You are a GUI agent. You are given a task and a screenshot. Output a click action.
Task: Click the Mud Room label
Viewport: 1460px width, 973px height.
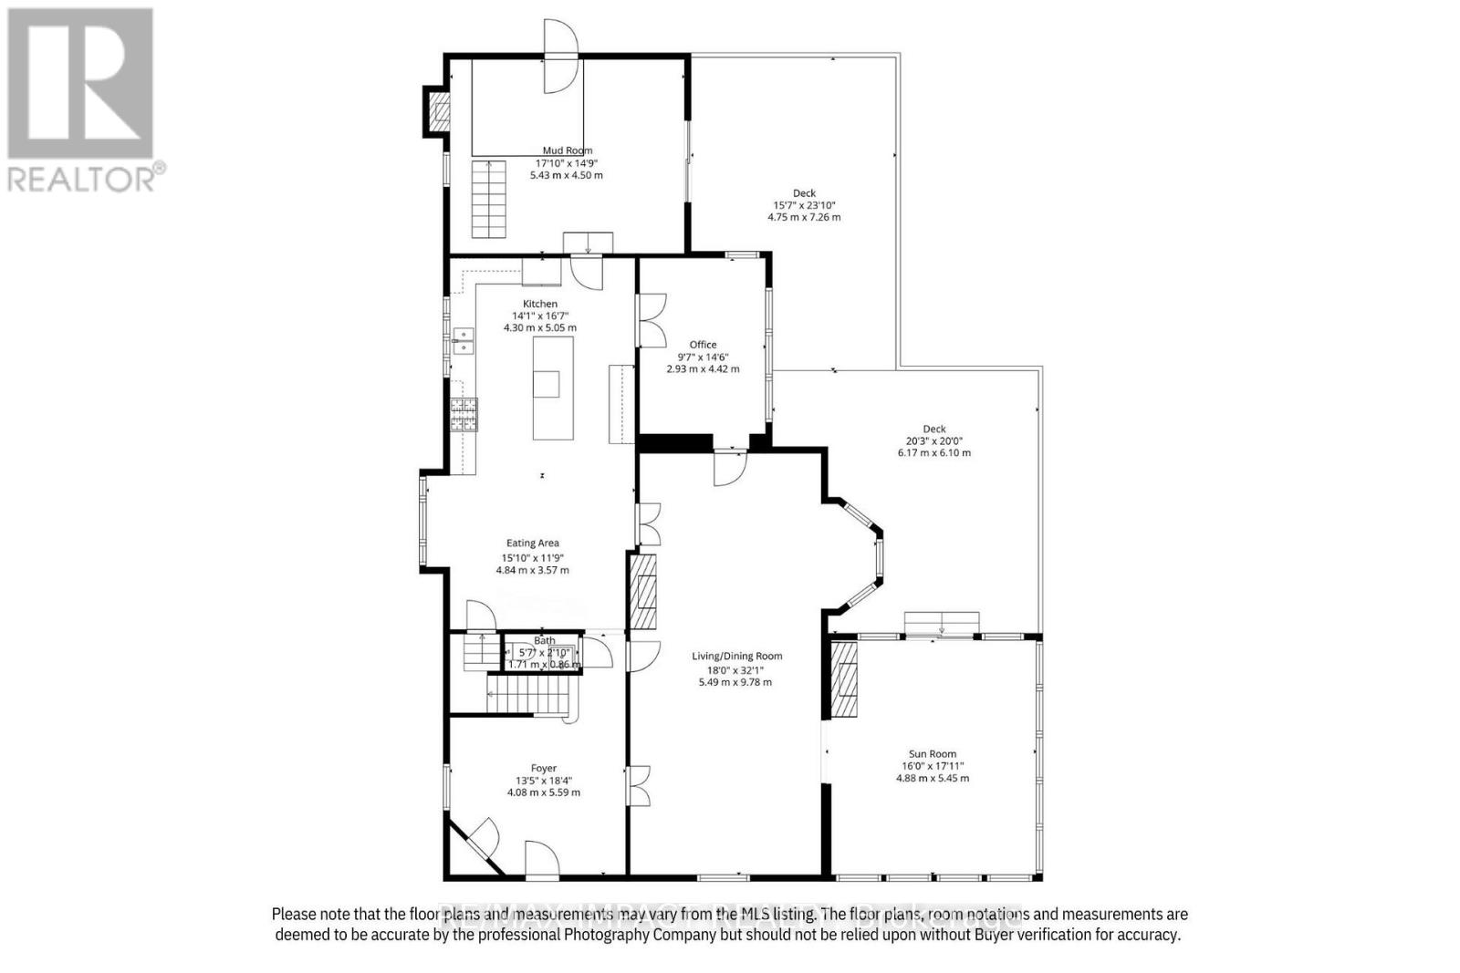point(567,150)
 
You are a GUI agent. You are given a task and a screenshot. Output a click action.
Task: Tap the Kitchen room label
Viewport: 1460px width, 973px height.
point(539,304)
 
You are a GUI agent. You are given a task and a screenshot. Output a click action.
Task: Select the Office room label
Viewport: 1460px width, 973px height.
point(703,345)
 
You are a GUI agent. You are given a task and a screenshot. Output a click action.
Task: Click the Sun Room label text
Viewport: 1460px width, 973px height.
point(932,754)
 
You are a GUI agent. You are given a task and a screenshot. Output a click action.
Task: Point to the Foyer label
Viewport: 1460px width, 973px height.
point(544,768)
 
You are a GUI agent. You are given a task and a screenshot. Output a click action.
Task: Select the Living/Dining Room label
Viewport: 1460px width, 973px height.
point(736,656)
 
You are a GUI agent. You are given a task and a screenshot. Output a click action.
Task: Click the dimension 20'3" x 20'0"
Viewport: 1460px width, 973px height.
point(933,440)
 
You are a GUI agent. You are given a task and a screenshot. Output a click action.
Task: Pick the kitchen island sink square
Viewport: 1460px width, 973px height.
point(547,384)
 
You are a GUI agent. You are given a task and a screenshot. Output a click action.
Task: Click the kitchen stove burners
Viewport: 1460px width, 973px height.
point(464,415)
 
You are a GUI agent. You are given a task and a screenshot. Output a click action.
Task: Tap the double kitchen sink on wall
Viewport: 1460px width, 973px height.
point(464,341)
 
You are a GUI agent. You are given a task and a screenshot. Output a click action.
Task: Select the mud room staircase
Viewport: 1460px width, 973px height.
point(488,199)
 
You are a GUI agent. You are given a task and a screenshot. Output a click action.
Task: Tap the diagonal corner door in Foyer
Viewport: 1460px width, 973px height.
point(474,844)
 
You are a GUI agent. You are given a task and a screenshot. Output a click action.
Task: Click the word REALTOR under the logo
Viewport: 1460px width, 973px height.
point(79,178)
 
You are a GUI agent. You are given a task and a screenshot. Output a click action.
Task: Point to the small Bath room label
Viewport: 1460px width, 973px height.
point(544,640)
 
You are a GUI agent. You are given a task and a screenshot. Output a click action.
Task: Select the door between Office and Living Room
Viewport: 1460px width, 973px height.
point(730,466)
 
